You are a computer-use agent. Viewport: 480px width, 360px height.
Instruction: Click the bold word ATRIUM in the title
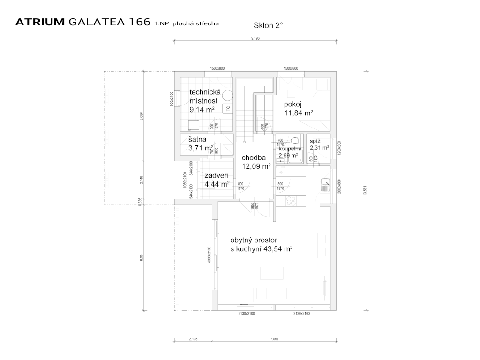coord(40,22)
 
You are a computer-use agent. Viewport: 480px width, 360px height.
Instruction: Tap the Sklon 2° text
coord(269,26)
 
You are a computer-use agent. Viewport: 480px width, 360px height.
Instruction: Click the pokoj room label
coord(292,104)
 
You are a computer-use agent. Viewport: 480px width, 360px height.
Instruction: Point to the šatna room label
coord(197,139)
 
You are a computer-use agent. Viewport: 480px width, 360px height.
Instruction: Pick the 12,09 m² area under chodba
coord(256,166)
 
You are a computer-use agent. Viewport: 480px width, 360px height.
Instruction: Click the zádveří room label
coord(216,175)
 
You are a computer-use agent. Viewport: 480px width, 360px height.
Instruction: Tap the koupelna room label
coord(290,149)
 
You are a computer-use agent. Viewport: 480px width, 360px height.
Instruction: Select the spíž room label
coord(315,140)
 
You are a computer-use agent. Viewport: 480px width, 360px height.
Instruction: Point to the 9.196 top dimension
coord(255,38)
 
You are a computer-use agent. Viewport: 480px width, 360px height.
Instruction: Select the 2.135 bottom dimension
coord(194,338)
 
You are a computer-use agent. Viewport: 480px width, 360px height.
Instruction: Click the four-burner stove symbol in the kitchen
coord(291,201)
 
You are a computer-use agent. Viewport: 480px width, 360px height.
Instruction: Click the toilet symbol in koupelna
coord(295,141)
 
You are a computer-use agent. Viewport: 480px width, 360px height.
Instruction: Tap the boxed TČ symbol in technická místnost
coord(228,109)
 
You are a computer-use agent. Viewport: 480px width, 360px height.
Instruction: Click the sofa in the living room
coord(271,294)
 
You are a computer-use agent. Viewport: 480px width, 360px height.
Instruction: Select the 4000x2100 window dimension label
coord(210,256)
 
